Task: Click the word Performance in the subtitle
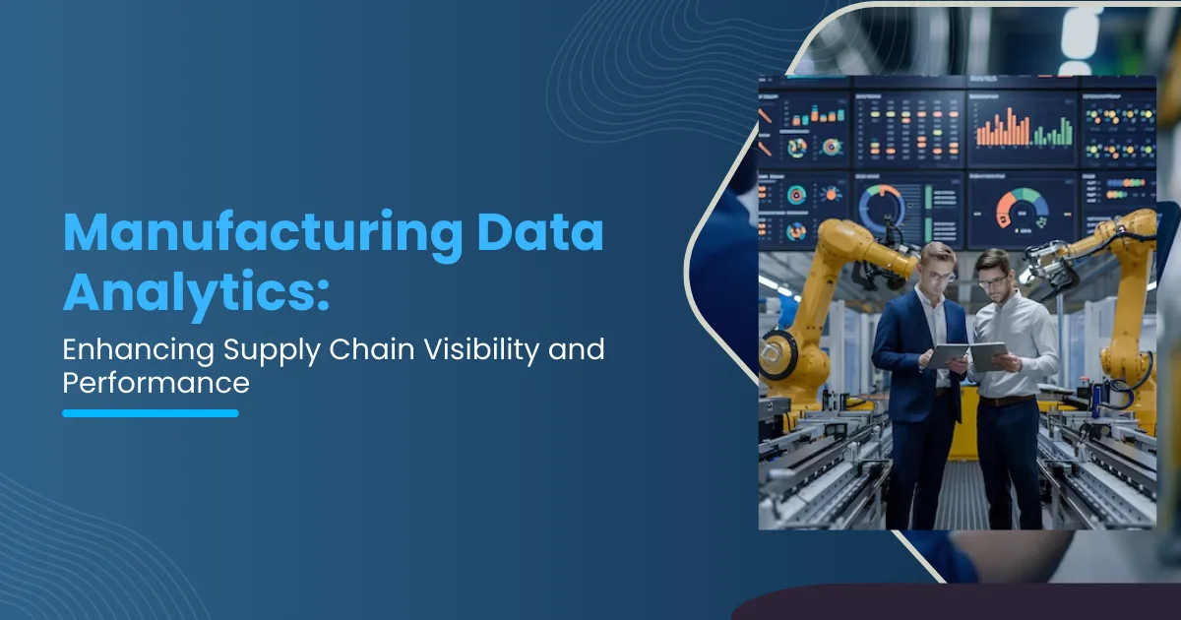[x=155, y=383]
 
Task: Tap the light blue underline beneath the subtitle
[x=150, y=413]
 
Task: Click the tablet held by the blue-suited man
[x=945, y=356]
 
